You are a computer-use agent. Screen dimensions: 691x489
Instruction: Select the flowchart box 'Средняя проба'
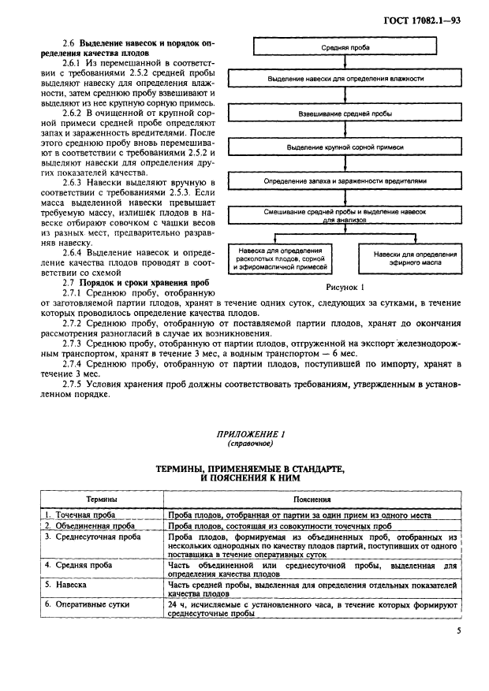346,47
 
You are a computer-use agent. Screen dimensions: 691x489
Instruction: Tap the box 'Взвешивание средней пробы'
346,113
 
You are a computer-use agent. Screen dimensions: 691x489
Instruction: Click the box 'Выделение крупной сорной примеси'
346,147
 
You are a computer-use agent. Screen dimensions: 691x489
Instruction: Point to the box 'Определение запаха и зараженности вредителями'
346,180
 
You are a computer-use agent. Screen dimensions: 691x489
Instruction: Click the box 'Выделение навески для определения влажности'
346,80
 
